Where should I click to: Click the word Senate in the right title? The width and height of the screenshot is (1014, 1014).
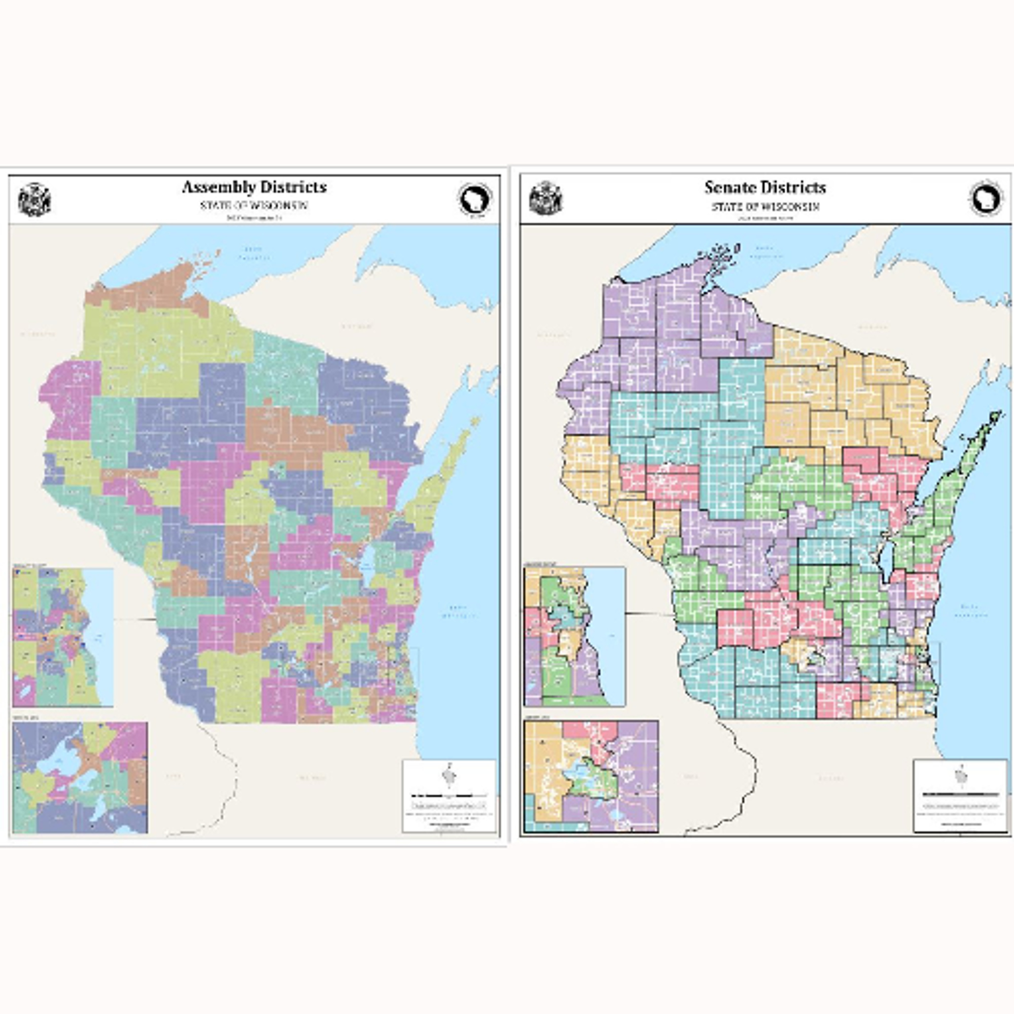(728, 187)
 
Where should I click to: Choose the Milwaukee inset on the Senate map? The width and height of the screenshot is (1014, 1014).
(574, 636)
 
